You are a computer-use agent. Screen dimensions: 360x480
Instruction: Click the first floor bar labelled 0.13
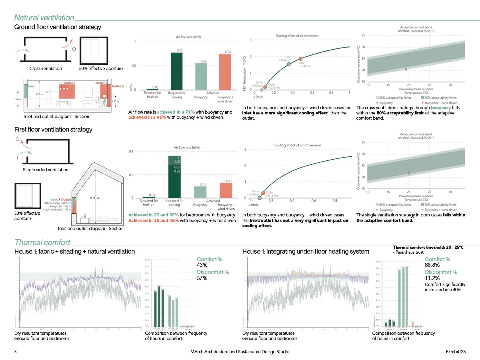point(226,190)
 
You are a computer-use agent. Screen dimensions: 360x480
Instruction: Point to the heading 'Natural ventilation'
point(44,18)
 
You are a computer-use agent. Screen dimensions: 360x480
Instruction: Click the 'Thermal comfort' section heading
point(42,242)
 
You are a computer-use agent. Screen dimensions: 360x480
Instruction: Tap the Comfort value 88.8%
point(432,265)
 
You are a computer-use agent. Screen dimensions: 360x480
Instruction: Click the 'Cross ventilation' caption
point(46,68)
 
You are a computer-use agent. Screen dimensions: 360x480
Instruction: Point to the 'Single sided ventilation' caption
point(45,170)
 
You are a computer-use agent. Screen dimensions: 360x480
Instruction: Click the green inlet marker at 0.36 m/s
point(289,64)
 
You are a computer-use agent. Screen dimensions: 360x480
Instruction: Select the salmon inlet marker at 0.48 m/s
point(301,59)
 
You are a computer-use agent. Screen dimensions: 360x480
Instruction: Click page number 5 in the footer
point(16,352)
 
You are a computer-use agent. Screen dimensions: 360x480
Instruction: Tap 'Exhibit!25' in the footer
point(456,352)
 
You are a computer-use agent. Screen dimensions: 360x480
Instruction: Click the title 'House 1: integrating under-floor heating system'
point(306,251)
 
